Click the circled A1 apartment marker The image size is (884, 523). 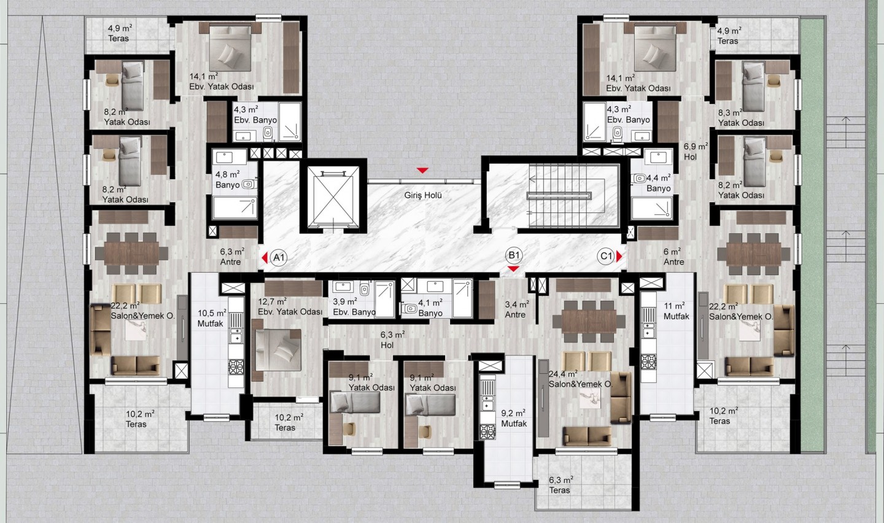(x=279, y=258)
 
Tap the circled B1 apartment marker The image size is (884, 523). (x=514, y=255)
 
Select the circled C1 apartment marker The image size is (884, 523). (x=606, y=257)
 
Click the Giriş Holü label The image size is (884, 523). (x=422, y=195)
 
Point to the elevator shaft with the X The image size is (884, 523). (x=333, y=197)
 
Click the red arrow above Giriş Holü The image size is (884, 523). (x=422, y=171)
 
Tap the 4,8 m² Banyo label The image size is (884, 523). (x=228, y=180)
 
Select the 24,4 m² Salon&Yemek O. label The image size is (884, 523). (x=580, y=379)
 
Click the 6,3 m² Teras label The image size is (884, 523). (x=560, y=485)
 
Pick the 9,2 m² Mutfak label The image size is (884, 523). (x=514, y=419)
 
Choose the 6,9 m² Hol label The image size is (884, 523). (x=696, y=152)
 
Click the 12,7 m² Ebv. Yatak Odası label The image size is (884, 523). (x=290, y=307)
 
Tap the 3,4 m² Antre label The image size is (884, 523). (x=516, y=309)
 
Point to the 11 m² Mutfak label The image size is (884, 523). (x=676, y=311)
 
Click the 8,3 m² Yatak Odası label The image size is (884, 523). (x=741, y=118)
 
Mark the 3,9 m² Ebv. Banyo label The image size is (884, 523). (x=354, y=307)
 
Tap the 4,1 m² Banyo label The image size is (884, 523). (x=430, y=308)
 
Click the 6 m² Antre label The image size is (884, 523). (x=673, y=257)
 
